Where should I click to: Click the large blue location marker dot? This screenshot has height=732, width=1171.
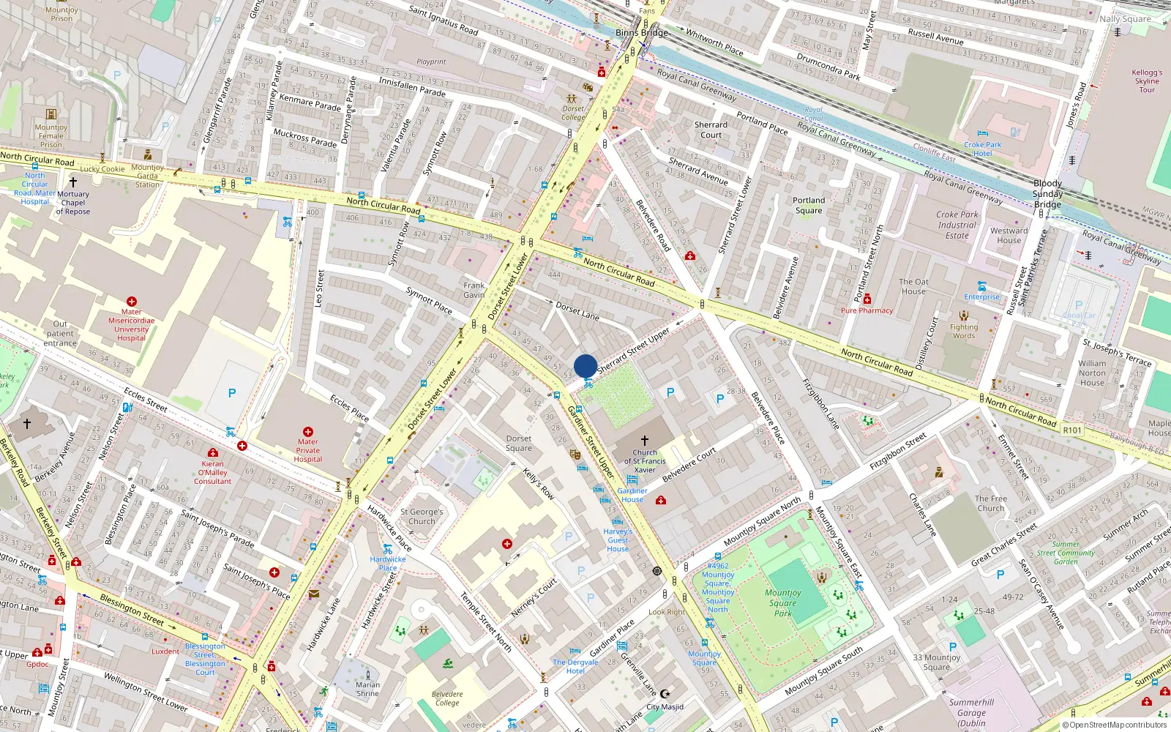(585, 366)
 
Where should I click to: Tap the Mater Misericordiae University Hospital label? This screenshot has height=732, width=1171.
(132, 324)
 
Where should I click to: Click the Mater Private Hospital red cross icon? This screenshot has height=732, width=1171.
(308, 432)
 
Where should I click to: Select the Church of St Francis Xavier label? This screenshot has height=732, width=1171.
(645, 461)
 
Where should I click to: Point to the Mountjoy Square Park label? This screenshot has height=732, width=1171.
(783, 603)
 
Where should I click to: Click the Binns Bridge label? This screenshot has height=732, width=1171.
(641, 32)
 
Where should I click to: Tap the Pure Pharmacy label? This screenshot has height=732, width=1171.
(867, 310)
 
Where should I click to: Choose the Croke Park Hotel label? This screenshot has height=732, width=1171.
(982, 149)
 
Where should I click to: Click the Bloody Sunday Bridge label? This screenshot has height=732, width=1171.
(1047, 194)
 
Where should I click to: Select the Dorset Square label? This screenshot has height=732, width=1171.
(519, 444)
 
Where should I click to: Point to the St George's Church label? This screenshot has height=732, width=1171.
(422, 517)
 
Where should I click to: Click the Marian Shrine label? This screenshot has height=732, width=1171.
(367, 689)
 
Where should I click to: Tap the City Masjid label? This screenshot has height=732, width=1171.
(665, 706)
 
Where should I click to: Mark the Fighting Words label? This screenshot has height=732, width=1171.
(964, 331)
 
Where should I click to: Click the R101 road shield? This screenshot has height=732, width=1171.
(1072, 430)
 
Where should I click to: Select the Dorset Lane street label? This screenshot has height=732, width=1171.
(577, 311)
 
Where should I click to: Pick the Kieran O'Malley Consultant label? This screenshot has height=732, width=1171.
(213, 472)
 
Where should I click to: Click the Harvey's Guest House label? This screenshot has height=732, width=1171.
(618, 540)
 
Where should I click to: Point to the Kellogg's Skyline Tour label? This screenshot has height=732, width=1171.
(1147, 81)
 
